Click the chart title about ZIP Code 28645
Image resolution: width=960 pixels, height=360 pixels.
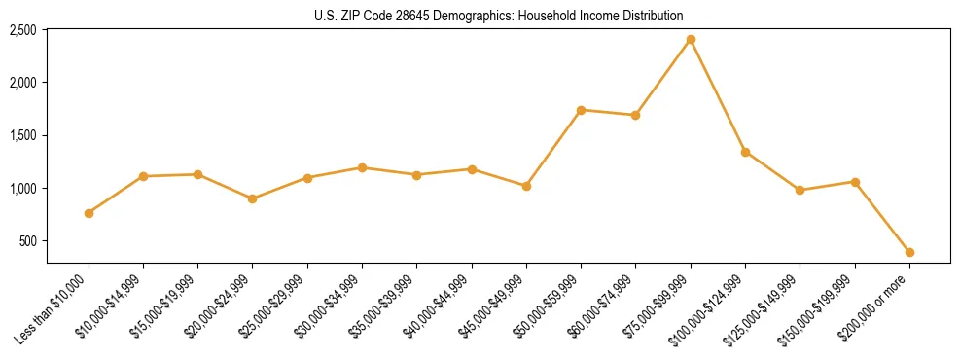click(499, 16)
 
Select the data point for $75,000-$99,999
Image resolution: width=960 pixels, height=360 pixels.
click(691, 39)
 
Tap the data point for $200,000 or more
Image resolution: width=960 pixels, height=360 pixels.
click(909, 252)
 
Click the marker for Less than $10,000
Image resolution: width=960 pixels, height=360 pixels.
click(89, 213)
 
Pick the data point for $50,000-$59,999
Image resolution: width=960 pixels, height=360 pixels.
click(581, 110)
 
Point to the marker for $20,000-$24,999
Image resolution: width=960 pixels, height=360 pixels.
click(253, 198)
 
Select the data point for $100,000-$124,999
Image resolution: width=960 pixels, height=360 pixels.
click(745, 152)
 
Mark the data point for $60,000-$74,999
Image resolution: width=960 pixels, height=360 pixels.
click(635, 115)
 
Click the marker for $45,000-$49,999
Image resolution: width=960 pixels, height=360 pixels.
click(526, 186)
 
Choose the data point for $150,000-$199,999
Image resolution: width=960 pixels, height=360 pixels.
click(855, 182)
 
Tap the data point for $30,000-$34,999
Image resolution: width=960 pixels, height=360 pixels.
click(362, 167)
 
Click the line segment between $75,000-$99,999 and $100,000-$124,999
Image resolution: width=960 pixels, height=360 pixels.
click(718, 95)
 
